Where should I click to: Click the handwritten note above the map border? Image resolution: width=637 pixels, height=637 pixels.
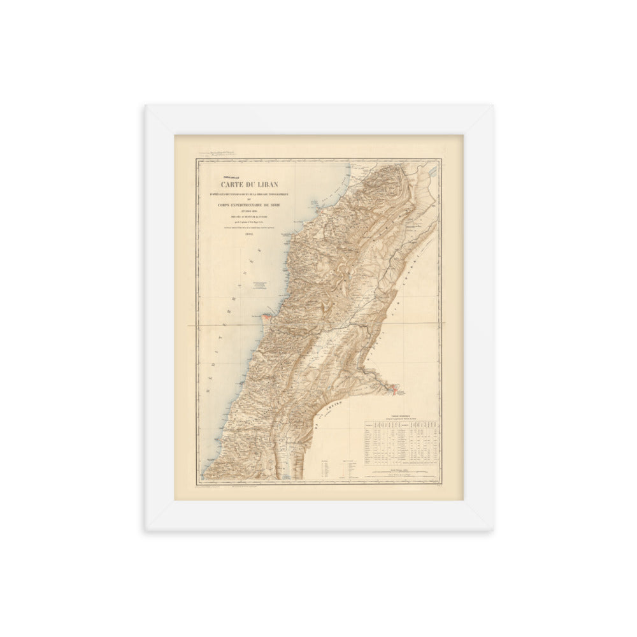click(x=217, y=154)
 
